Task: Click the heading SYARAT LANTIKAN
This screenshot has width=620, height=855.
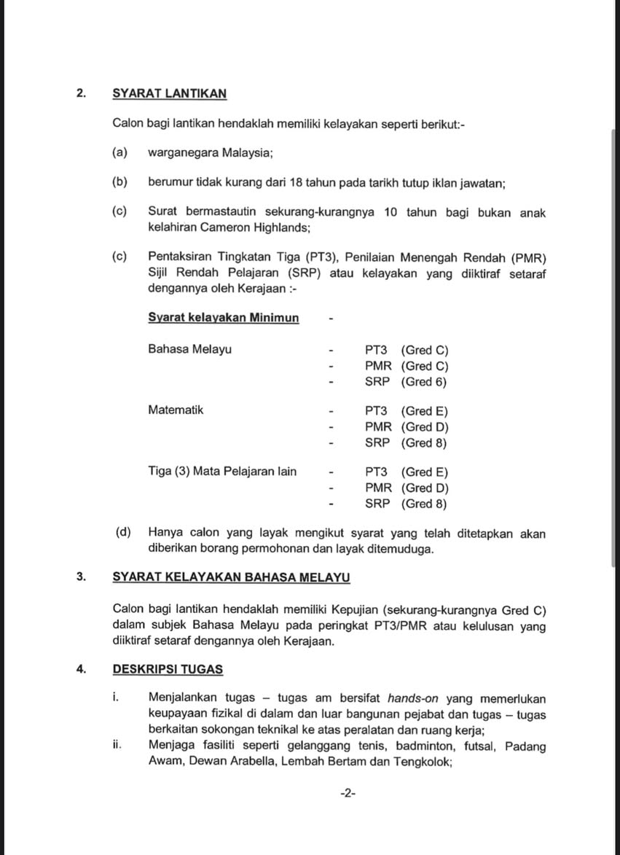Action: (x=169, y=93)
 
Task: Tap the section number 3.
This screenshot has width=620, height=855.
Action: (x=81, y=577)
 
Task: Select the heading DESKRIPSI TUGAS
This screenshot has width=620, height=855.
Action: (x=168, y=669)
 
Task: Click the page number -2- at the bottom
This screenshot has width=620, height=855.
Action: (x=348, y=794)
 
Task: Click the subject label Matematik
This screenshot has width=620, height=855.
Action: (x=176, y=410)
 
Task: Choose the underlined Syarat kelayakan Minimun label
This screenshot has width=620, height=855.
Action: (x=223, y=318)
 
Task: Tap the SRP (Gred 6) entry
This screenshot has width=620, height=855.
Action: (x=406, y=382)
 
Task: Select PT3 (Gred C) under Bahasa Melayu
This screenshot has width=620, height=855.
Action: (x=407, y=350)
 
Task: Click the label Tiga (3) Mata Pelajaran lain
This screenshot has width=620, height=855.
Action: (x=222, y=472)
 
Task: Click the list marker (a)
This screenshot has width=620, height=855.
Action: (x=119, y=152)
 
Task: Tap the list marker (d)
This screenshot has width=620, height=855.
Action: (x=123, y=532)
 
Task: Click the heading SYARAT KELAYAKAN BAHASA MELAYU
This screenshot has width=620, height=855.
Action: (x=231, y=577)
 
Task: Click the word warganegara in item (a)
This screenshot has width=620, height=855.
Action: (x=183, y=153)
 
